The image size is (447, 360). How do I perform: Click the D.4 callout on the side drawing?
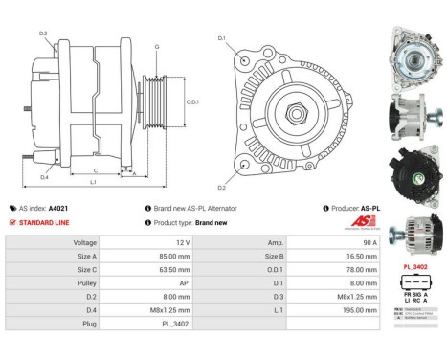pos(44,176)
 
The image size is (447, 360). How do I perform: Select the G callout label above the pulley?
pos(156,46)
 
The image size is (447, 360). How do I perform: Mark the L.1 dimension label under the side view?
pos(93,182)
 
